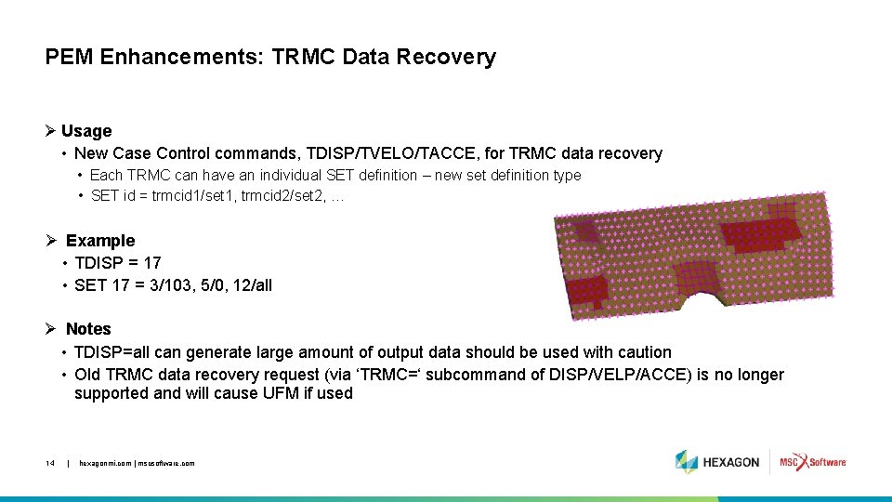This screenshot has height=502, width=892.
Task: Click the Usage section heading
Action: tap(86, 131)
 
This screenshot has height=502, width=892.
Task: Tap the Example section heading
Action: tap(100, 241)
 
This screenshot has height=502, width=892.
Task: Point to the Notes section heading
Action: tap(88, 329)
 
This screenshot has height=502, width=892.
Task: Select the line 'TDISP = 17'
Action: tap(117, 263)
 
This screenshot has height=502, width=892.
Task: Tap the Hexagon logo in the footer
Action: tap(717, 462)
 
